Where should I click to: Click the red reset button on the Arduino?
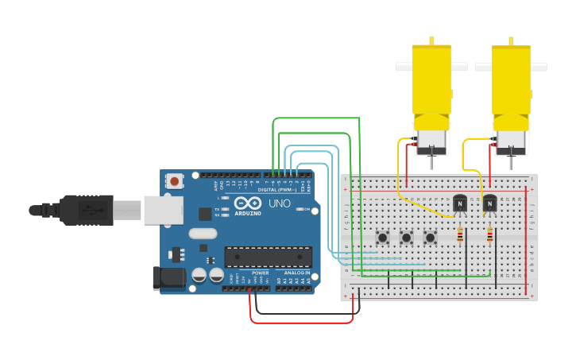174,181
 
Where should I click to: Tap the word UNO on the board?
278,204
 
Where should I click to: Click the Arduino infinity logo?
248,203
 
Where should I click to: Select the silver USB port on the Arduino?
163,211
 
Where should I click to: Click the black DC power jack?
168,278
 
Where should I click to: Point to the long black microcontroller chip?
268,257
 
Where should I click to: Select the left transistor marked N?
460,204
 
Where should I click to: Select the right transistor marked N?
489,204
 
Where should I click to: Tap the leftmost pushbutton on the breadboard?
382,237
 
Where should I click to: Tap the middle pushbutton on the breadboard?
406,237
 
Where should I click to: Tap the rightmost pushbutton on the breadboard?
430,237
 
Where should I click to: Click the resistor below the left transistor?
461,234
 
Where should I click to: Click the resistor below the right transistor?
489,234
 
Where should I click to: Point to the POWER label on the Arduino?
260,273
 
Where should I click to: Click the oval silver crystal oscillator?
203,234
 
